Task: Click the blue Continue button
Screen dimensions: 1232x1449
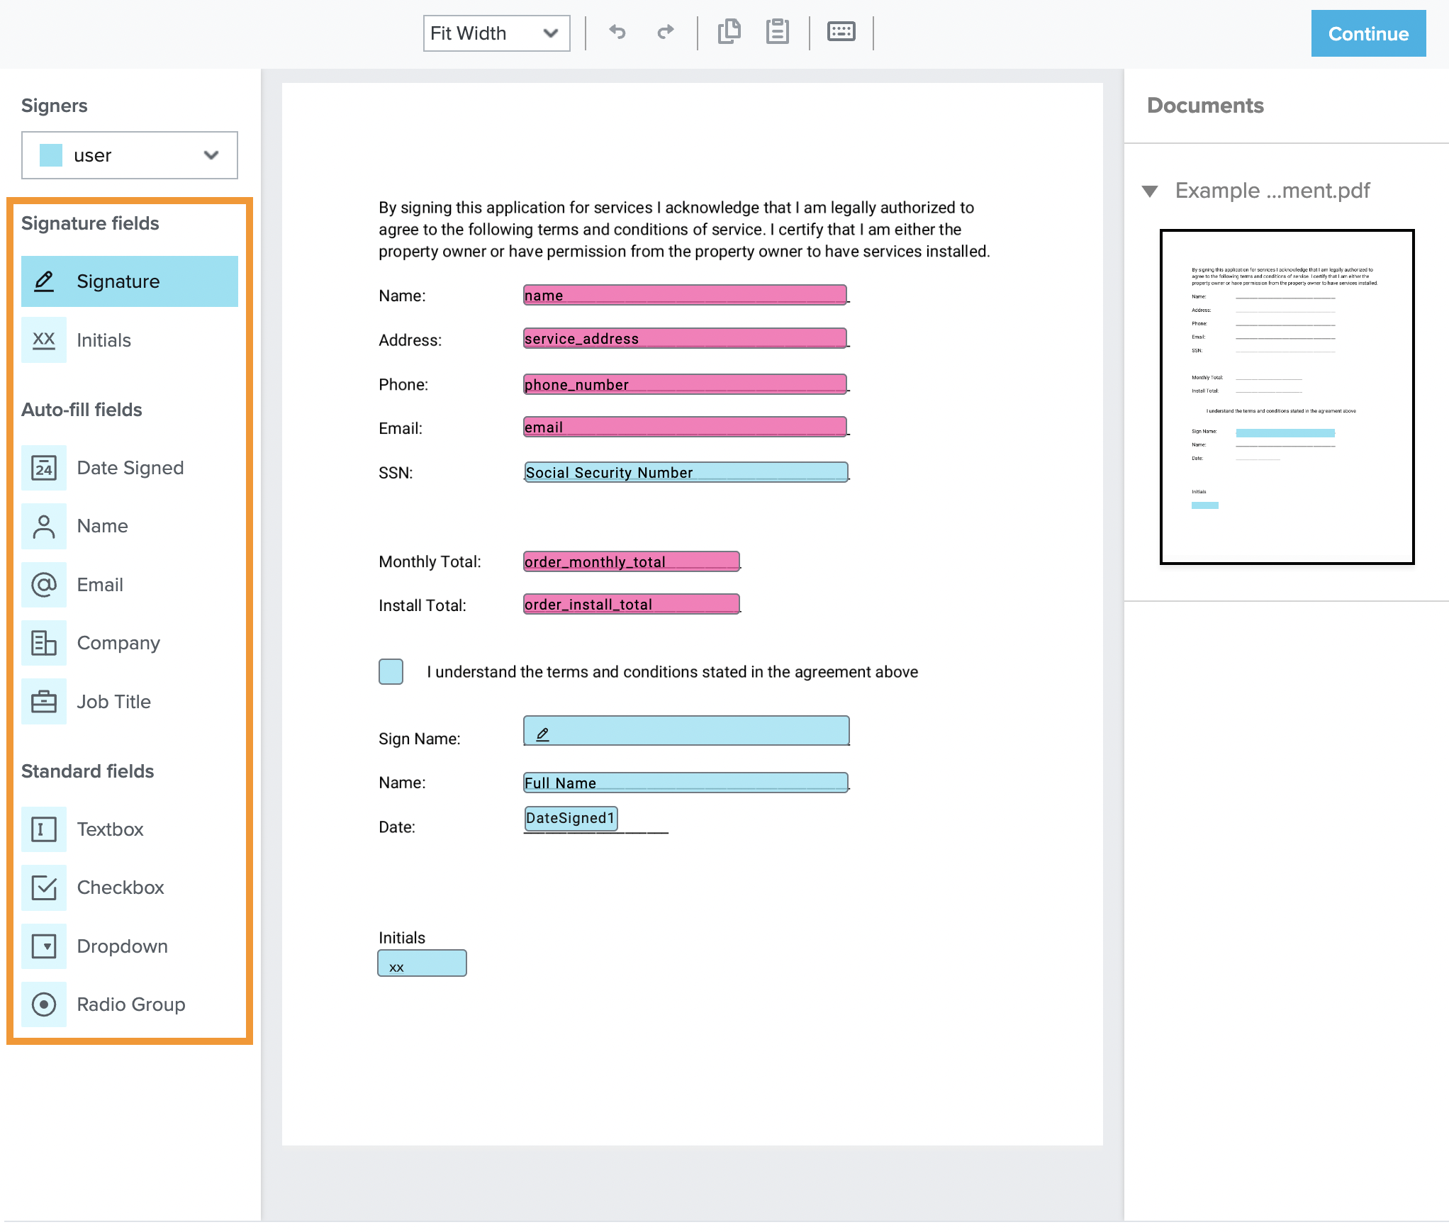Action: (1367, 33)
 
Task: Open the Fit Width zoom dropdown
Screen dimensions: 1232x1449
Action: (496, 33)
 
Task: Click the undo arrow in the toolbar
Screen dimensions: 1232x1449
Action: (617, 32)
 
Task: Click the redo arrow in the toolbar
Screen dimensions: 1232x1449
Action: (665, 32)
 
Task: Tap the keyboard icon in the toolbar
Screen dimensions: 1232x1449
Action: (841, 32)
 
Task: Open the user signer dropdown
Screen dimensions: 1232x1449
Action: (130, 155)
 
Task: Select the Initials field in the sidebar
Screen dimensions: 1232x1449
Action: (103, 340)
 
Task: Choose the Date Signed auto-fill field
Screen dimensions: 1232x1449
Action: (130, 468)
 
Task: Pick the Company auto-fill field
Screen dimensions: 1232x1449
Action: (118, 643)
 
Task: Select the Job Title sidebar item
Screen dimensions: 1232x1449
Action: (113, 702)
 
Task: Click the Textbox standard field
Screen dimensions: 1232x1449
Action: (110, 829)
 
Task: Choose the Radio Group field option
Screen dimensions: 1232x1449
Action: (130, 1004)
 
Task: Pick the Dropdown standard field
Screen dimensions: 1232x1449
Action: (122, 946)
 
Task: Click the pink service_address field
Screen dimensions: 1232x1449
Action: (685, 338)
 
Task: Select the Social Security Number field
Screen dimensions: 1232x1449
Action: (686, 472)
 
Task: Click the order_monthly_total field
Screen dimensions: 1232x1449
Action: (631, 561)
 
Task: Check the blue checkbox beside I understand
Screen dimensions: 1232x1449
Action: (391, 671)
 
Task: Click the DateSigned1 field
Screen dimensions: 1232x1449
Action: (571, 818)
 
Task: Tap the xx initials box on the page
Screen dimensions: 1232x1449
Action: (422, 963)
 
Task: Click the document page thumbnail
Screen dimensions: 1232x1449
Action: (1287, 397)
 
